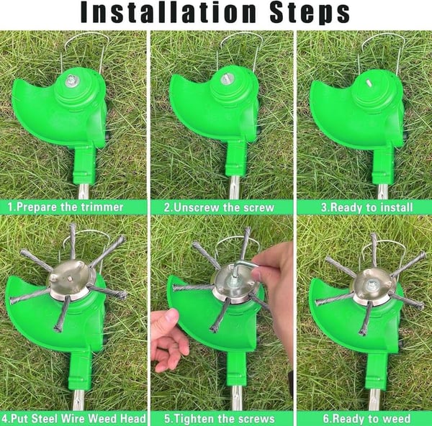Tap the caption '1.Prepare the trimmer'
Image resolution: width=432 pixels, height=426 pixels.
[66, 207]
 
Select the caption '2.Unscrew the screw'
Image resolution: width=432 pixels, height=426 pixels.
[219, 207]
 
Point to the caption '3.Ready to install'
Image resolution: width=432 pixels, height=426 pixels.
[366, 207]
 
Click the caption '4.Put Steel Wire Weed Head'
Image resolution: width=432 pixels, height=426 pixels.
[75, 418]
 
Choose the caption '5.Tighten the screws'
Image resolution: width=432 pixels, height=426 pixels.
[220, 418]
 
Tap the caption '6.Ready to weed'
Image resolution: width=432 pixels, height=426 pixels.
[366, 418]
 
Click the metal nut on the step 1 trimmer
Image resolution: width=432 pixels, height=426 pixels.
[72, 81]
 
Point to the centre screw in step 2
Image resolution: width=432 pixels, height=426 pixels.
[227, 80]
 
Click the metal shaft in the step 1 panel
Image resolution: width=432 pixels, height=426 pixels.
[84, 191]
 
